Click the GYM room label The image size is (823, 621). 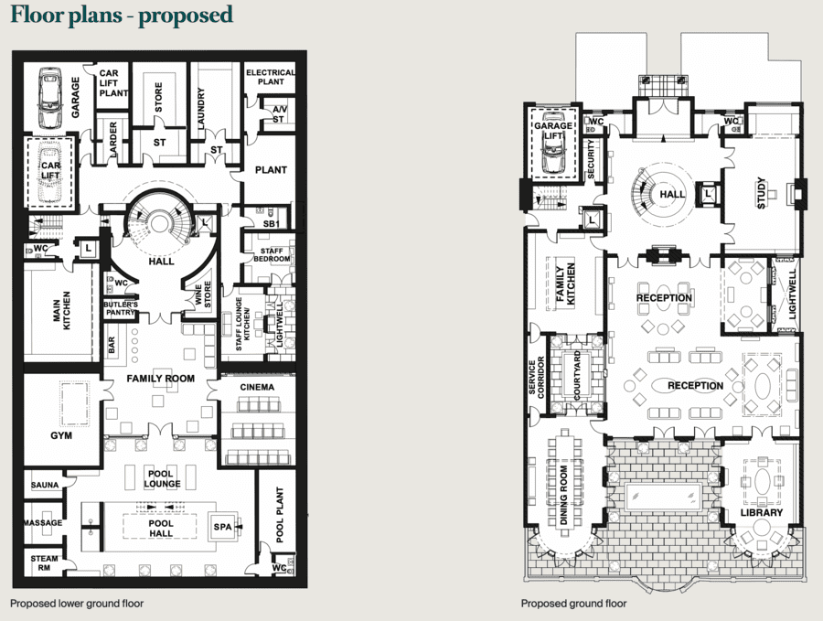[61, 435]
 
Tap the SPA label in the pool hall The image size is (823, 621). [222, 527]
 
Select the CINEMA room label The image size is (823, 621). [257, 388]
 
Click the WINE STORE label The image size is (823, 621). [203, 295]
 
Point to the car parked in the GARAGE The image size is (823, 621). [50, 98]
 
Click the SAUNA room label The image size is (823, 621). [45, 485]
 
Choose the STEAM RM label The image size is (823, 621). [45, 562]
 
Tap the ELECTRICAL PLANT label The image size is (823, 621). [271, 77]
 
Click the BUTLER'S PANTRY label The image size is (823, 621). [121, 308]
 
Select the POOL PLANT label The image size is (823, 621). [280, 514]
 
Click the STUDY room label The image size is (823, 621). [762, 194]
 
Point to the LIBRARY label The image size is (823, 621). [762, 512]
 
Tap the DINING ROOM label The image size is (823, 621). [563, 495]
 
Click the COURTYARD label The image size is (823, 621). [577, 375]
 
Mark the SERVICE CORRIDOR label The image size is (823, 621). [537, 377]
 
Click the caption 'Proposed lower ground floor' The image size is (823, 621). [77, 604]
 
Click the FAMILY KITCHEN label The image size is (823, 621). [565, 284]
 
